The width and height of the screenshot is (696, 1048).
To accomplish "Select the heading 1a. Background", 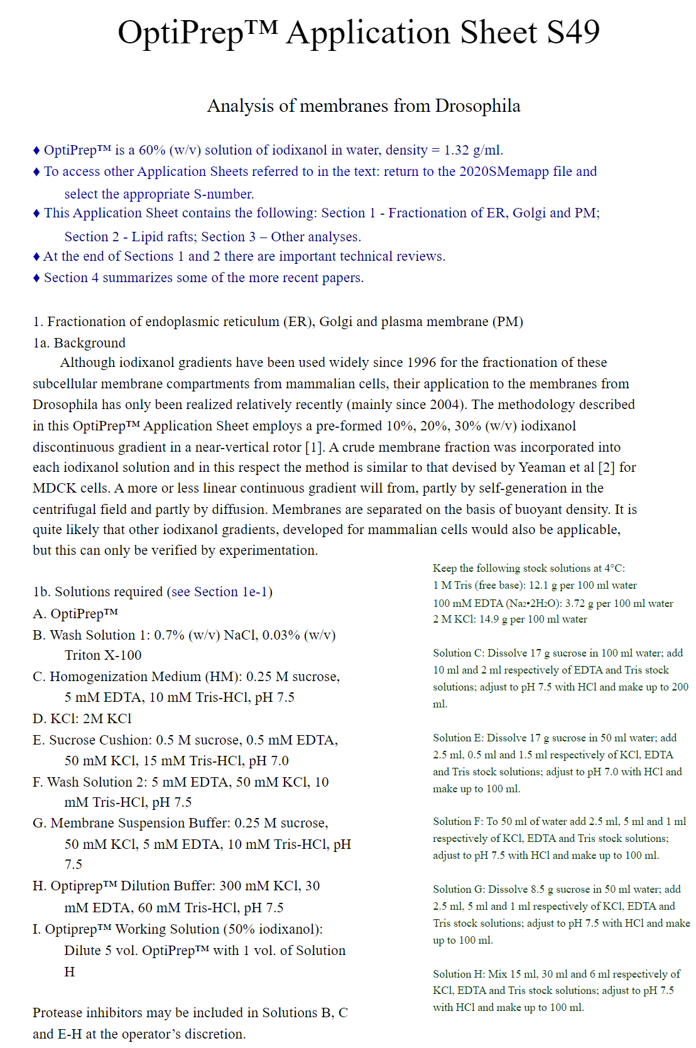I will [x=79, y=343].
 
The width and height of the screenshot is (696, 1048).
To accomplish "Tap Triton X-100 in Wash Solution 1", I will [x=103, y=655].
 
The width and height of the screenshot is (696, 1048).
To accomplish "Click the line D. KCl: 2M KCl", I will [x=82, y=719].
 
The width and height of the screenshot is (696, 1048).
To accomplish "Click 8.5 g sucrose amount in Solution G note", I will [x=541, y=890].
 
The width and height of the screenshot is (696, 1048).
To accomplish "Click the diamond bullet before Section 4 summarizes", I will [x=36, y=278].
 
